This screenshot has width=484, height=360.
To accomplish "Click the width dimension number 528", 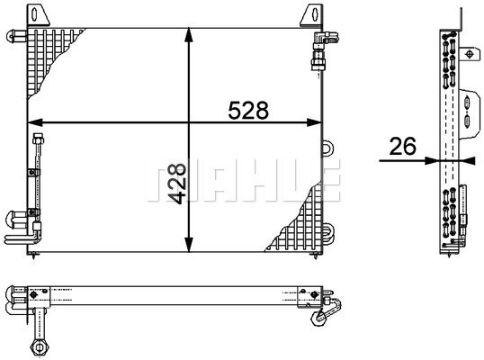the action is click(248, 110).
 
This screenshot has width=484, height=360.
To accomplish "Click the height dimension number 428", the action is click(176, 184).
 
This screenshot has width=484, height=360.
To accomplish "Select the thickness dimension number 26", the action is click(402, 146).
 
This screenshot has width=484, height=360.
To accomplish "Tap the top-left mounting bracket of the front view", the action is click(39, 14).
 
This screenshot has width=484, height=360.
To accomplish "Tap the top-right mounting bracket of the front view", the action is click(311, 14).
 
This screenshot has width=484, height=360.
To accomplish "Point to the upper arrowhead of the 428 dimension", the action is click(189, 35).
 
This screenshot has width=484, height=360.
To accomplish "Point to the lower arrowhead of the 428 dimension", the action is click(189, 245).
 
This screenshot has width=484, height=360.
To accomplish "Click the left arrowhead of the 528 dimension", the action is click(35, 122).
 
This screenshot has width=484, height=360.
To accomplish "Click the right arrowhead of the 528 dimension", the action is click(314, 122).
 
